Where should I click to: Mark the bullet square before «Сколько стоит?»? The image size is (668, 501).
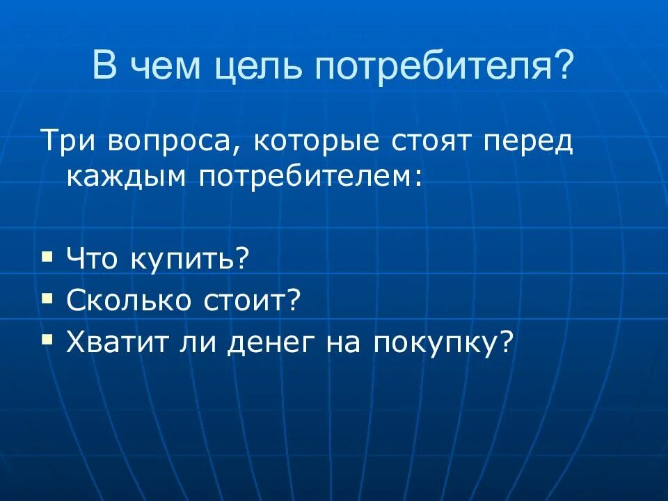coord(47,297)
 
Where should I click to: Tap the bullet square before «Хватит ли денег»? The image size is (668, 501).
coord(47,339)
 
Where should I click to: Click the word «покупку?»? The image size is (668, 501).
coord(443,342)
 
